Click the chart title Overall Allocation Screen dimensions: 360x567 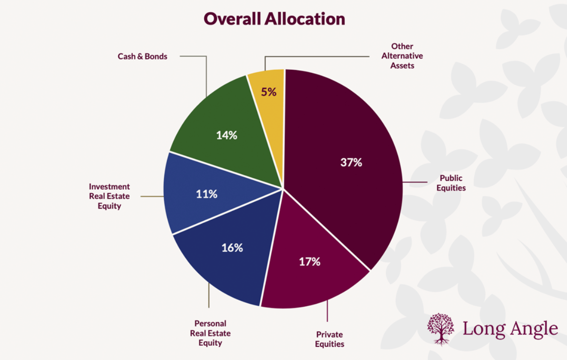click(x=274, y=19)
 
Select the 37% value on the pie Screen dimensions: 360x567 click(x=351, y=163)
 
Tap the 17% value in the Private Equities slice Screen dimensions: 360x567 click(x=310, y=262)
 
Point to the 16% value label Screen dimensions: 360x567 click(x=232, y=248)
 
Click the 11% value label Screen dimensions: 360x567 click(x=207, y=194)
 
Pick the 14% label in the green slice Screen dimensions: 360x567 click(x=227, y=135)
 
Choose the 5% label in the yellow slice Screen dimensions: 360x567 click(x=269, y=91)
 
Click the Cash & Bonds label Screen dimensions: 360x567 click(x=142, y=56)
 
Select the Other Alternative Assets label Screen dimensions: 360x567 click(x=402, y=56)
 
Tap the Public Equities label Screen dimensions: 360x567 click(x=452, y=183)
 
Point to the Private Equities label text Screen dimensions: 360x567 click(x=329, y=339)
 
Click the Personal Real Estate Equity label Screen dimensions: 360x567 click(x=210, y=333)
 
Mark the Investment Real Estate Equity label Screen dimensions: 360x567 click(x=109, y=196)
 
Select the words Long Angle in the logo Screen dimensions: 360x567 click(x=510, y=328)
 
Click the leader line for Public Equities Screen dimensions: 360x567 click(x=415, y=183)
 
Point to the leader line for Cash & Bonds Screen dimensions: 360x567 click(x=206, y=73)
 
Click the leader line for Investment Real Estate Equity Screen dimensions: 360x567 click(x=151, y=196)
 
